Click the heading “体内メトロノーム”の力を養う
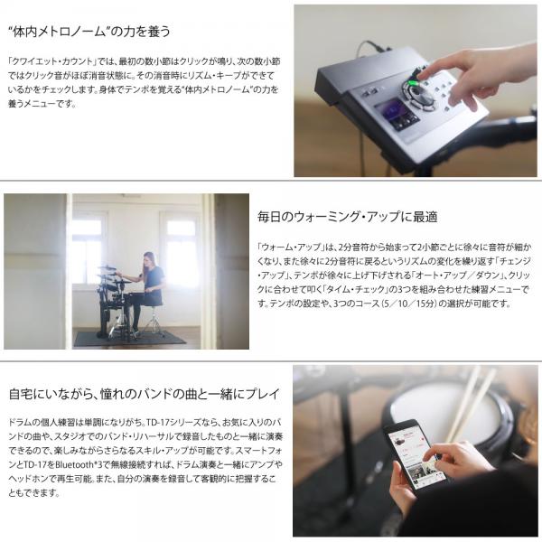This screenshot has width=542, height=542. tap(89, 32)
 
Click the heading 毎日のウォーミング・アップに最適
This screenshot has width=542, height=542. tap(348, 217)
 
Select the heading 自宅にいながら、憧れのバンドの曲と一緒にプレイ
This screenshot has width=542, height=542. tap(144, 394)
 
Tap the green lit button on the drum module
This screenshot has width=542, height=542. tap(414, 82)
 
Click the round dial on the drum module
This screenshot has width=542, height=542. tap(419, 95)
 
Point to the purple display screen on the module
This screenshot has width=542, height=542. tap(400, 114)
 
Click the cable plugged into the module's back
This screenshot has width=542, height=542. tap(369, 48)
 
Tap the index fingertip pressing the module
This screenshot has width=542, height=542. tap(423, 73)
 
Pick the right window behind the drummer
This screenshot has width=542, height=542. tap(182, 248)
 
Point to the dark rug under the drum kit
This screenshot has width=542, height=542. tap(128, 338)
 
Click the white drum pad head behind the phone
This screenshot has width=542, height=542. tap(446, 414)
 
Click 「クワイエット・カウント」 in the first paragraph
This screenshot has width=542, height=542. tap(51, 61)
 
